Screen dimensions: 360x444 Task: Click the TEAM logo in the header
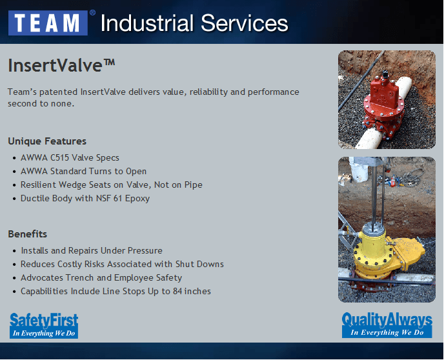tap(48, 23)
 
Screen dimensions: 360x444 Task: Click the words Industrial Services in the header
tap(194, 23)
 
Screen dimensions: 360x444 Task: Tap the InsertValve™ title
tap(61, 65)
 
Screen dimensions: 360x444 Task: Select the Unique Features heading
tap(47, 141)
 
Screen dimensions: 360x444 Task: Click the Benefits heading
tap(27, 234)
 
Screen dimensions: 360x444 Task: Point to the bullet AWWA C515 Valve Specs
tap(70, 157)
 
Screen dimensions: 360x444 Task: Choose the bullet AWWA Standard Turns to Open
tap(83, 171)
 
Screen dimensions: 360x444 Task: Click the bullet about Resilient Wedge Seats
tap(111, 185)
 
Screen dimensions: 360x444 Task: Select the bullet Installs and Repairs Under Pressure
tap(91, 250)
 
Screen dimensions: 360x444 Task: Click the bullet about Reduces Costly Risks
tap(122, 264)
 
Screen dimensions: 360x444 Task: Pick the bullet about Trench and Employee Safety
tap(101, 277)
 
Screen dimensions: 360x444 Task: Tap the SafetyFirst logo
tap(44, 325)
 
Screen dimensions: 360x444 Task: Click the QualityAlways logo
tap(387, 325)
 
